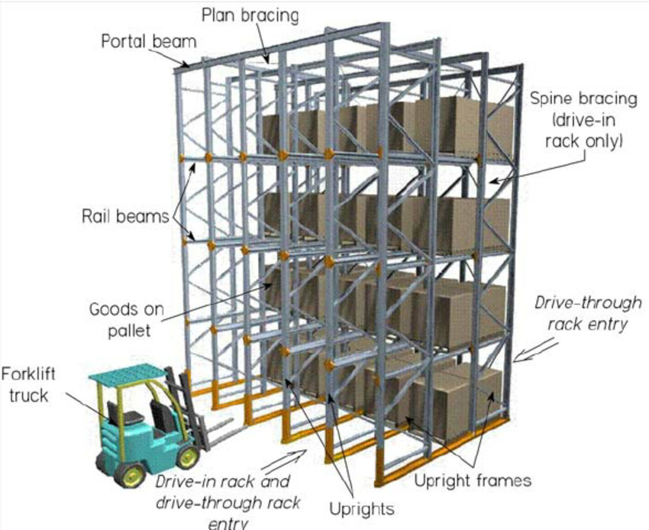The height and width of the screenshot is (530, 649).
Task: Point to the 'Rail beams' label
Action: [124, 216]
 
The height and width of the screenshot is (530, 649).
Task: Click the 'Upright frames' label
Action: [472, 481]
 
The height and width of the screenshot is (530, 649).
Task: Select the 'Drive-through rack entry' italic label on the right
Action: [587, 313]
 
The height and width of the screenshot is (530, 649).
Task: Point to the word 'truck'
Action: [34, 396]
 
